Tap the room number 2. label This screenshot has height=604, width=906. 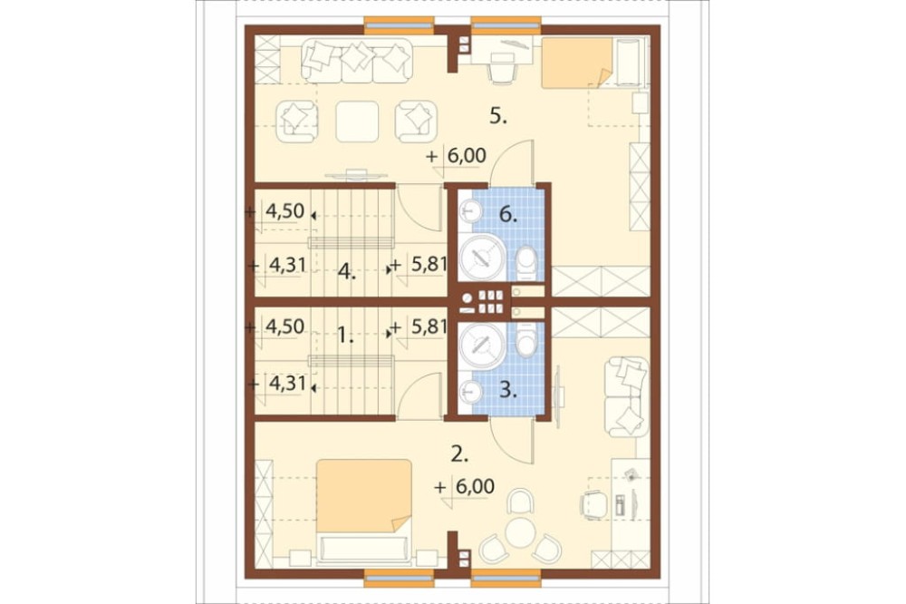459,454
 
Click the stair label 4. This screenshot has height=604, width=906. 347,271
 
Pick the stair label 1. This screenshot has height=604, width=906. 345,335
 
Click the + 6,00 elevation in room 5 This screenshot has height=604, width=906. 456,156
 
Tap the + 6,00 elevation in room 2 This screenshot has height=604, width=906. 465,486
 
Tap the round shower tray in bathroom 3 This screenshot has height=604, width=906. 482,346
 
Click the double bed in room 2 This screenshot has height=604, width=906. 364,511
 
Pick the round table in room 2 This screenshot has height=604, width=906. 521,531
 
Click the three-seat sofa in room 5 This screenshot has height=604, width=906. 356,60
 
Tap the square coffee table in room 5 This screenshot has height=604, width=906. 358,122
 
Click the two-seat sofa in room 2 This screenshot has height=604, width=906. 625,396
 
